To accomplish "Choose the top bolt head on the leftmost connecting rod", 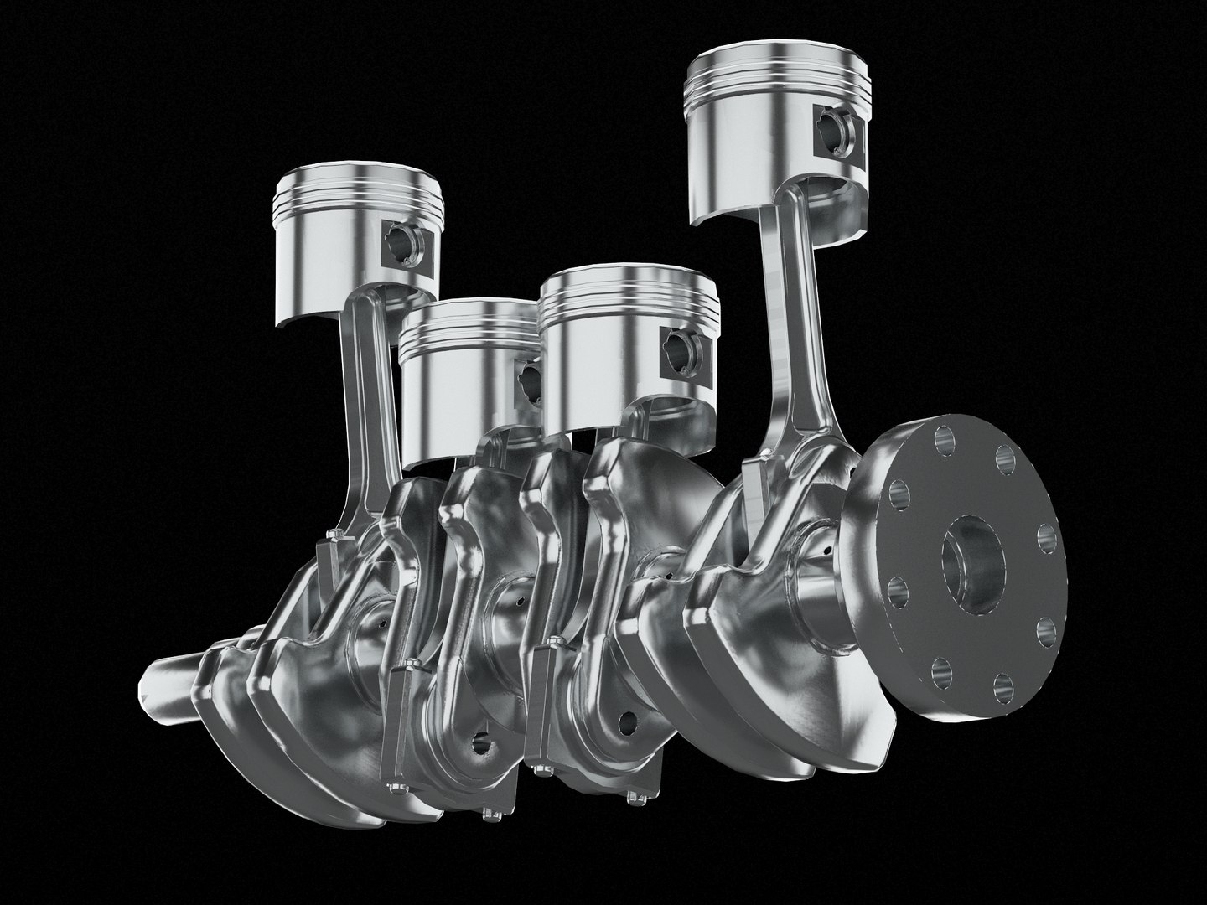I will click(336, 536).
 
